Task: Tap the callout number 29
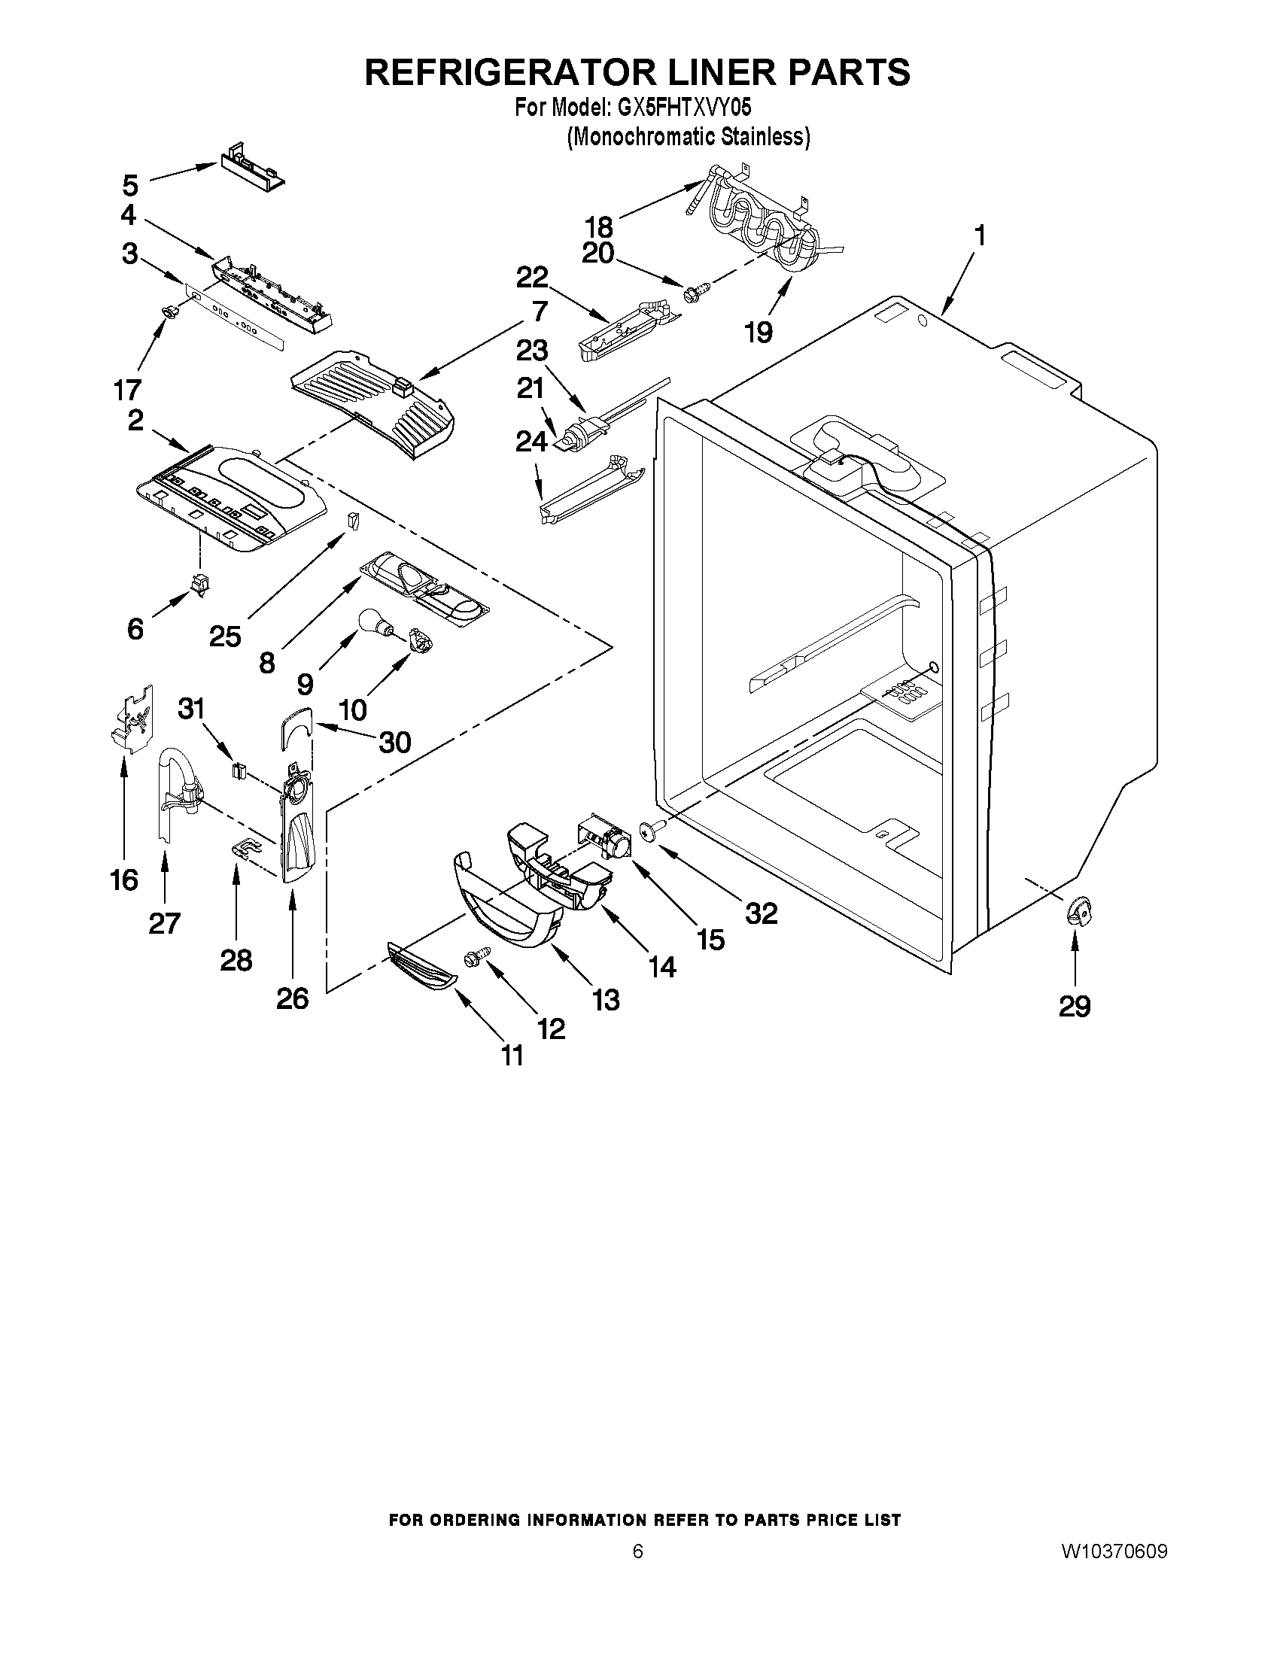coord(1074,1006)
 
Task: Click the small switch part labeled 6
coord(200,585)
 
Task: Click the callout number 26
coord(292,998)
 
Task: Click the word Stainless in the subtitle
coord(768,137)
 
